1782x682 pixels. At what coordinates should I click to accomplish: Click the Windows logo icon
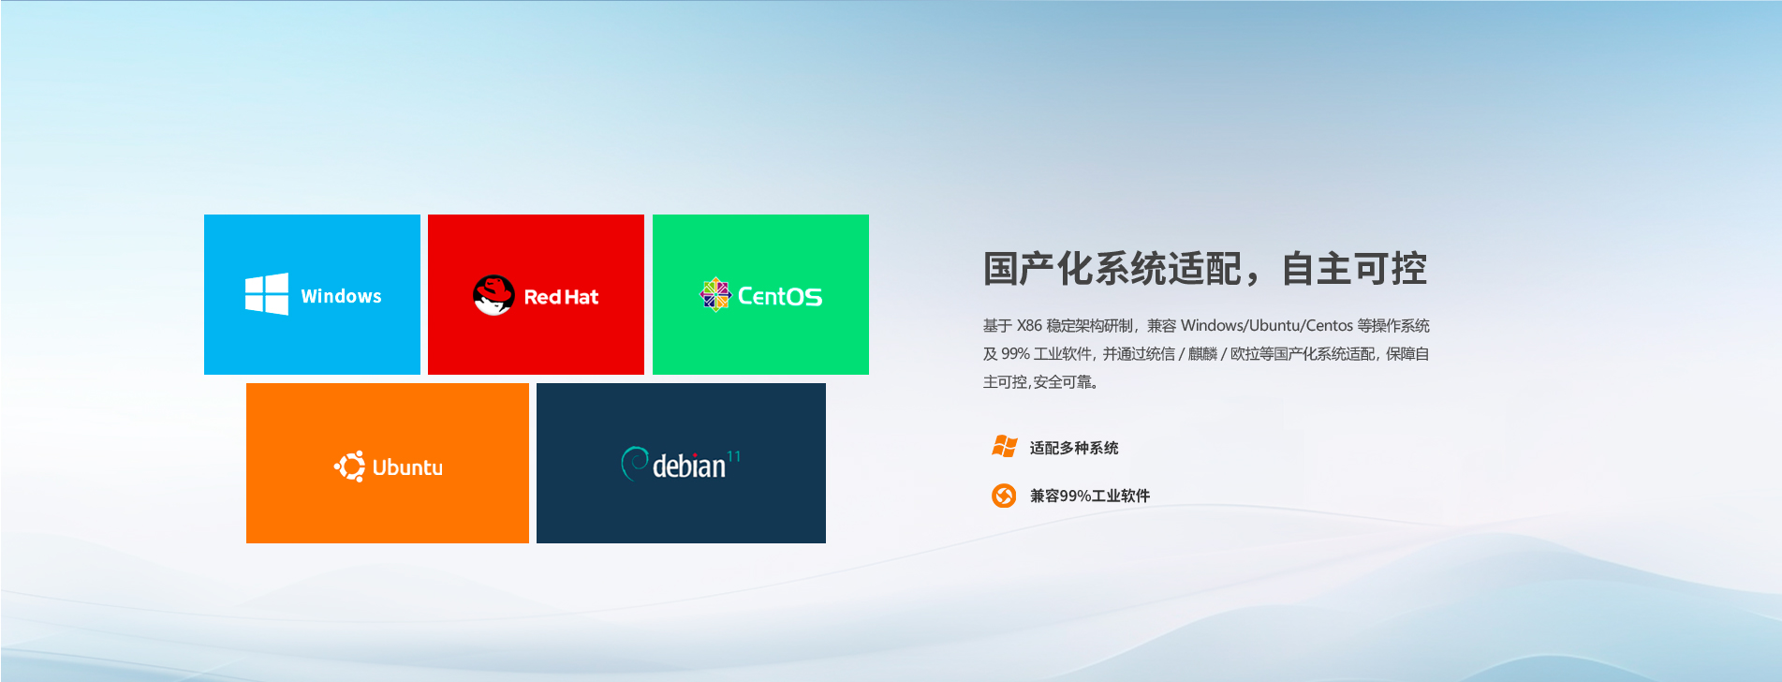point(267,294)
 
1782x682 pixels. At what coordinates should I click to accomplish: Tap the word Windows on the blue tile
point(341,296)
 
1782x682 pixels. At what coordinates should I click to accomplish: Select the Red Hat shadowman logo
point(493,295)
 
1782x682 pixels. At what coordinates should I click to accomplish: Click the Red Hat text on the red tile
point(561,297)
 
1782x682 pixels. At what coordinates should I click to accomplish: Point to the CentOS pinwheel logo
point(715,294)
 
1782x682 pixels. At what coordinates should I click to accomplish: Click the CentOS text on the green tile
point(780,296)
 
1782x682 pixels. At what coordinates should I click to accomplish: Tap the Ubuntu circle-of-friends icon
point(350,467)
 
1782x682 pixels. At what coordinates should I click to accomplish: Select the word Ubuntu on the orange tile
point(407,467)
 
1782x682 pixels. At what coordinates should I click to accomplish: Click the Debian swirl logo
point(634,463)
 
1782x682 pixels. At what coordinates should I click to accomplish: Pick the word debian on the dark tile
point(689,466)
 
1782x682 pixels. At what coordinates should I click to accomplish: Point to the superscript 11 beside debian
point(733,456)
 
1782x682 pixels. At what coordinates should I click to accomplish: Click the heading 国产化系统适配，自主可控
point(1205,269)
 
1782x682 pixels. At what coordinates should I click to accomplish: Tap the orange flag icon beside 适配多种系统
point(1004,447)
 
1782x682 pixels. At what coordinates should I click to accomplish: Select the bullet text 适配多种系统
point(1074,448)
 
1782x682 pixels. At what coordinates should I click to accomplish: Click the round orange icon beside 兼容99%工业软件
point(1004,495)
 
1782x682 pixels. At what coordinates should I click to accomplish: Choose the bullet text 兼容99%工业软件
point(1090,496)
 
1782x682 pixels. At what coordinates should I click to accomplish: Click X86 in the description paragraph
point(1029,325)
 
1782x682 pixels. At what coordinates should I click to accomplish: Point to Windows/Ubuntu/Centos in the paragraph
point(1267,325)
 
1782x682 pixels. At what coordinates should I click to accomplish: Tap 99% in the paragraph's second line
point(1015,353)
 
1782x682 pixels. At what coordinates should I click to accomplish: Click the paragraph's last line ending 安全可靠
point(1040,381)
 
